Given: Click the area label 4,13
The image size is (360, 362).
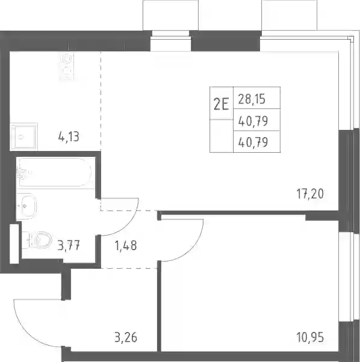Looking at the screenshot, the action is pyautogui.click(x=69, y=137).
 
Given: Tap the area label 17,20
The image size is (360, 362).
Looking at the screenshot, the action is pyautogui.click(x=310, y=194).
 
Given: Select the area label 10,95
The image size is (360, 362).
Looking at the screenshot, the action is pyautogui.click(x=310, y=337).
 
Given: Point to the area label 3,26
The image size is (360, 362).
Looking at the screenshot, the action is pyautogui.click(x=126, y=337).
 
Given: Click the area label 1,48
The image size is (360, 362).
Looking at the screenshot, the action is pyautogui.click(x=126, y=245).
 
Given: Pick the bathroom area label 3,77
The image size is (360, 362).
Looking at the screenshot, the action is pyautogui.click(x=69, y=245).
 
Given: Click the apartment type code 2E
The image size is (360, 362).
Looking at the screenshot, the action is pyautogui.click(x=221, y=105).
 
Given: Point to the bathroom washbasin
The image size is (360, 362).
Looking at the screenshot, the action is pyautogui.click(x=27, y=206).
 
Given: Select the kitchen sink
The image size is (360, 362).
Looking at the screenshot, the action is pyautogui.click(x=23, y=137).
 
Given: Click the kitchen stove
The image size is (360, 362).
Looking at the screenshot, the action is pyautogui.click(x=67, y=66).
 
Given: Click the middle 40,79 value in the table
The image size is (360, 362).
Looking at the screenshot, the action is pyautogui.click(x=253, y=121).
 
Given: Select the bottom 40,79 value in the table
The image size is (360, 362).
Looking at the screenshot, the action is pyautogui.click(x=253, y=142).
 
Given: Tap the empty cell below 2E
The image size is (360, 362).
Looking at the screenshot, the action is pyautogui.click(x=222, y=136).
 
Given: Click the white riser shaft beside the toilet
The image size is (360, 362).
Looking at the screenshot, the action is pyautogui.click(x=14, y=244).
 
